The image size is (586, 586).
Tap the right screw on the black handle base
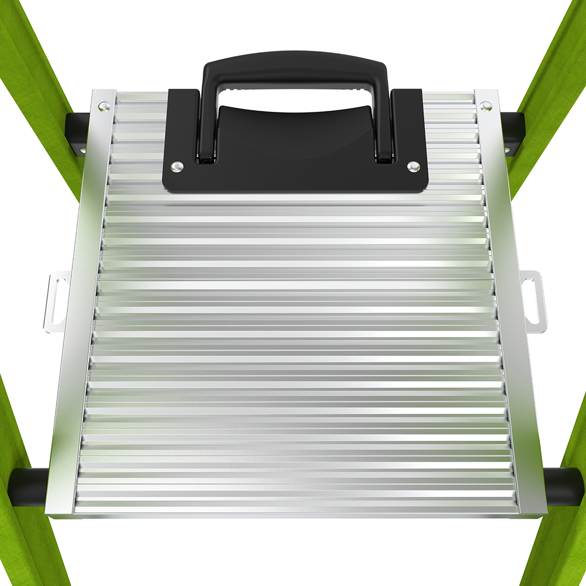413,166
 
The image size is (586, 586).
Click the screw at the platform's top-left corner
104,106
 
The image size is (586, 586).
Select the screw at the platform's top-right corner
485,106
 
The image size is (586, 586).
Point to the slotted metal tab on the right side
532,299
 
